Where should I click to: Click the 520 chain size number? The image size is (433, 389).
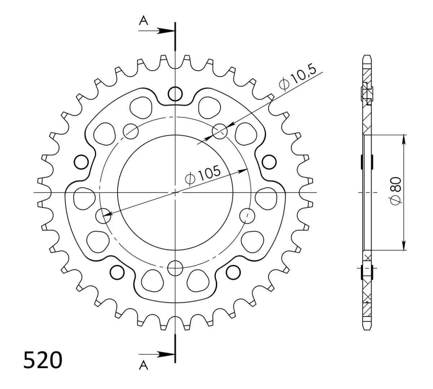coord(43,360)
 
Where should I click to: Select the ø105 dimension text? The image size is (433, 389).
coord(203,176)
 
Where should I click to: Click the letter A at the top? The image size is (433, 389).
coord(144,21)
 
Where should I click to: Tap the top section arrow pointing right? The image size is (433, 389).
coord(156,31)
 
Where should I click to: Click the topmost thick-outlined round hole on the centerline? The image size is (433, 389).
coord(175,94)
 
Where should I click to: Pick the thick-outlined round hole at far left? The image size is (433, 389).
coord(81,162)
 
